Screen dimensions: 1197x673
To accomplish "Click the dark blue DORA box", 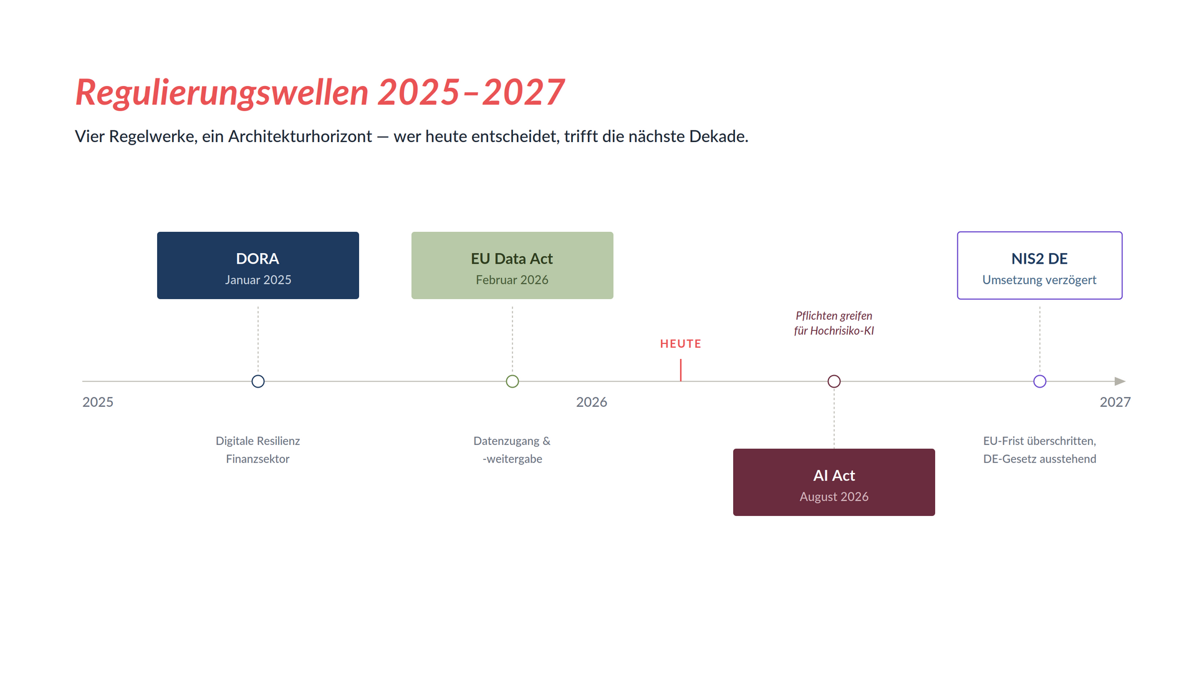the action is (258, 265).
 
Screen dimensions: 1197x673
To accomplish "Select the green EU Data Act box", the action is (512, 265).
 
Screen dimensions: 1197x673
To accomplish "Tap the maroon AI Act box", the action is (834, 482).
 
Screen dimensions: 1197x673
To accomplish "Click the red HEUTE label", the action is (681, 344).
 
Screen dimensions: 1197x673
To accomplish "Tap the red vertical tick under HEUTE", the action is (681, 370).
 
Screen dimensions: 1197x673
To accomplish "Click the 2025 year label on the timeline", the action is (98, 402).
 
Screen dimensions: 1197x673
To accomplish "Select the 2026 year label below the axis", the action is (592, 402).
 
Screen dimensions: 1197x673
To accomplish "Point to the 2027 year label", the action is (1115, 402).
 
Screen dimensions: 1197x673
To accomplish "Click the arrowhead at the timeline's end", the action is (1120, 381).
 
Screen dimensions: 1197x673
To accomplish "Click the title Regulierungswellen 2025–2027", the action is (320, 93).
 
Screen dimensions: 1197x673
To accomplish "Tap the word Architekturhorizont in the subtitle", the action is (300, 136).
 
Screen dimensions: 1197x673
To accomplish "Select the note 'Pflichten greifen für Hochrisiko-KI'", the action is (834, 323).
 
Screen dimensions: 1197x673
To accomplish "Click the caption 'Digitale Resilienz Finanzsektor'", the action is (258, 450).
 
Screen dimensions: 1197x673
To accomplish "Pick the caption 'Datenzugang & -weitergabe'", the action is (512, 450).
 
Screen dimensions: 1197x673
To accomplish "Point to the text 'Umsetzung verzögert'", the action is (1040, 280).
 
